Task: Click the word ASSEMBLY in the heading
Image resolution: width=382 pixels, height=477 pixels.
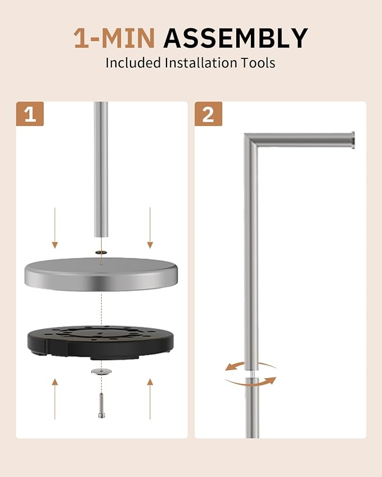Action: pyautogui.click(x=236, y=38)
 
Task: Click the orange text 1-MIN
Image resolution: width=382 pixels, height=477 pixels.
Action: pyautogui.click(x=114, y=38)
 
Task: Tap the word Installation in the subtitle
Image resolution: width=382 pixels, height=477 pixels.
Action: pyautogui.click(x=201, y=63)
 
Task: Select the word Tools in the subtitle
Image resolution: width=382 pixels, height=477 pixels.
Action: pyautogui.click(x=258, y=63)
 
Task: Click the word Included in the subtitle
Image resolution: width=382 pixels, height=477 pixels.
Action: pyautogui.click(x=133, y=63)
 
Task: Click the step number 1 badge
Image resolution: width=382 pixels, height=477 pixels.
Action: pyautogui.click(x=30, y=114)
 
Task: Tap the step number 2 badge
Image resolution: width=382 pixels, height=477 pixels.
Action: pyautogui.click(x=208, y=114)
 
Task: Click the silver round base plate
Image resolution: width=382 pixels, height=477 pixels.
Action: pyautogui.click(x=101, y=274)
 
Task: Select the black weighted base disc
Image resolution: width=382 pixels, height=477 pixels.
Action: pyautogui.click(x=101, y=342)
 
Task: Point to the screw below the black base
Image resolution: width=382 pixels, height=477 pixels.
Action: pyautogui.click(x=101, y=406)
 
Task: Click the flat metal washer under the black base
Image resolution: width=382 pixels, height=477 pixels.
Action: pyautogui.click(x=101, y=371)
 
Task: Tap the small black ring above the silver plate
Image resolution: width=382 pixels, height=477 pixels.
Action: pyautogui.click(x=101, y=252)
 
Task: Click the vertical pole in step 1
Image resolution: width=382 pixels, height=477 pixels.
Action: pyautogui.click(x=101, y=170)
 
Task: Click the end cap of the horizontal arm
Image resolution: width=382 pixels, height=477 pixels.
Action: pyautogui.click(x=352, y=140)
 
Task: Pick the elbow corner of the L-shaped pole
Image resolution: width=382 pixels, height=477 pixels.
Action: pyautogui.click(x=250, y=140)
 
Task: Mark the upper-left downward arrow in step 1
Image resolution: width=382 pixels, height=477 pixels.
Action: pyautogui.click(x=55, y=228)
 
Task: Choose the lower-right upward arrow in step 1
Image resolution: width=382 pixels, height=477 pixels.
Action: pyautogui.click(x=150, y=399)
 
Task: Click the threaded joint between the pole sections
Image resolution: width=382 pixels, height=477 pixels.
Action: pyautogui.click(x=251, y=374)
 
